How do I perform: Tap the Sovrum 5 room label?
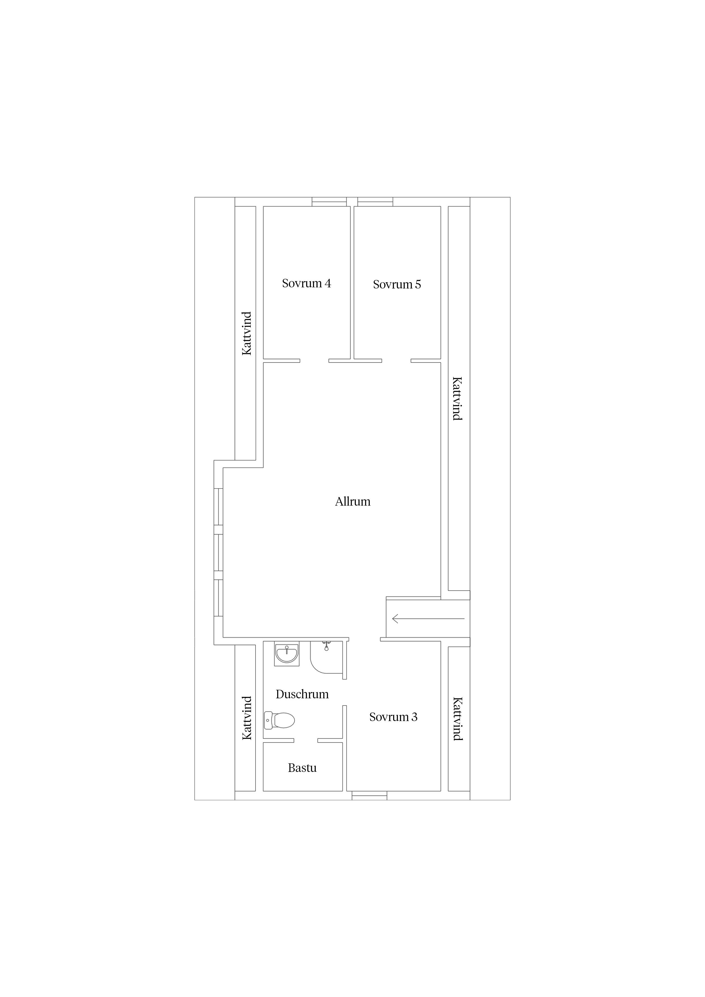coord(397,284)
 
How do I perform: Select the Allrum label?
coord(353,502)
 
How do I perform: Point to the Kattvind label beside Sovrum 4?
coord(247,333)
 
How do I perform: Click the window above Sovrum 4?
coord(329,202)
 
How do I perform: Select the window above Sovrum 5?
coord(375,202)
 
